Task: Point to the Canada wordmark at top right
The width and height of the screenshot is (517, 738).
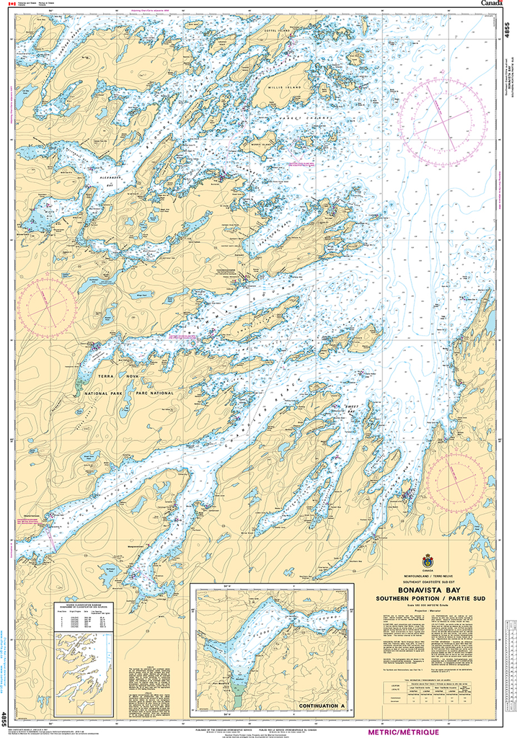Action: coord(492,4)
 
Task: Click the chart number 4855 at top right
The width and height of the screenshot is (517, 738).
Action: coord(509,31)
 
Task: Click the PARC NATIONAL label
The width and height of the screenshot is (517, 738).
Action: coord(153,393)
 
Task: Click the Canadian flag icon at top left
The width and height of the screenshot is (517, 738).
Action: coord(10,4)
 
